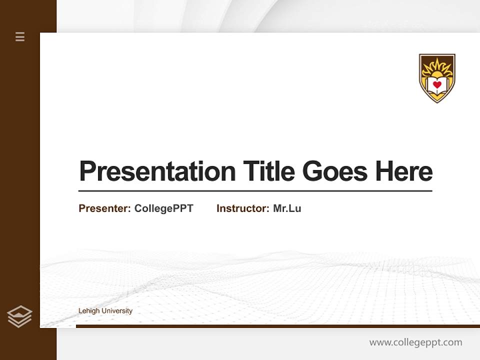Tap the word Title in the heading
(x=269, y=171)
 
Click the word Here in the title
(x=404, y=171)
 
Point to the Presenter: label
(x=104, y=208)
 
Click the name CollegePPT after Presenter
(x=163, y=208)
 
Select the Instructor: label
(x=242, y=208)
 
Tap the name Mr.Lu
(x=287, y=208)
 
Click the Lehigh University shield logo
(x=437, y=78)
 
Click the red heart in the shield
(x=437, y=85)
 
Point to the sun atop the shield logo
(x=437, y=66)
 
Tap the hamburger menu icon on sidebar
(x=20, y=36)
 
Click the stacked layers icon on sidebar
(x=19, y=316)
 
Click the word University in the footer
(x=117, y=311)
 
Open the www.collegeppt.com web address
(x=415, y=342)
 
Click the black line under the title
(x=255, y=191)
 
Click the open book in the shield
(x=437, y=88)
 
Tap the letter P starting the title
(x=87, y=171)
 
